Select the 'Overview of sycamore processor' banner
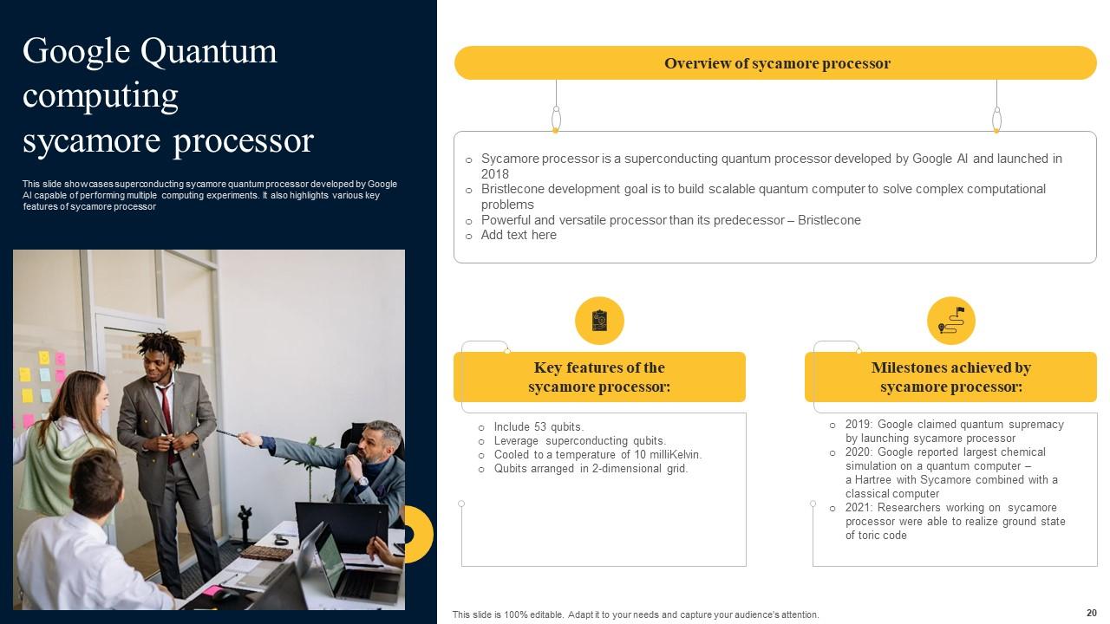pos(776,63)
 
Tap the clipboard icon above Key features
pos(599,321)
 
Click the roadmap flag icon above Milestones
pos(950,321)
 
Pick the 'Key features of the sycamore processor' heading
pos(599,377)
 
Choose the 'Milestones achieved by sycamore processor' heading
pos(950,377)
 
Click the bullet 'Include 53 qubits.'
pos(539,426)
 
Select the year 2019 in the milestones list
pos(858,425)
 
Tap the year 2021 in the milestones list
pos(858,508)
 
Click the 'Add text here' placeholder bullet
pos(519,235)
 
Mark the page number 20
pos(1091,611)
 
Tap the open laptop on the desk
pos(343,563)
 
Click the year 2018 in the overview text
pos(495,174)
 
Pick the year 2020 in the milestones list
pos(858,452)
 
